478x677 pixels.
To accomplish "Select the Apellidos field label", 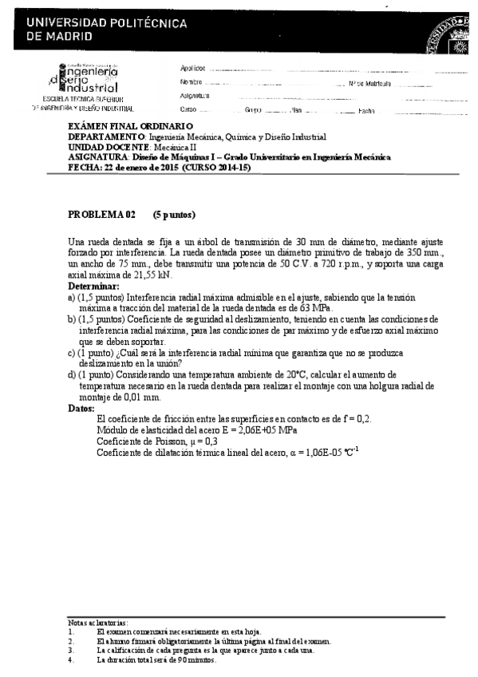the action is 193,68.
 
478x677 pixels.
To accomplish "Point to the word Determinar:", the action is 93,285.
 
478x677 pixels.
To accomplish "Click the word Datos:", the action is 82,408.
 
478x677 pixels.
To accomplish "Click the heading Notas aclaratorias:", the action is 97,623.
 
